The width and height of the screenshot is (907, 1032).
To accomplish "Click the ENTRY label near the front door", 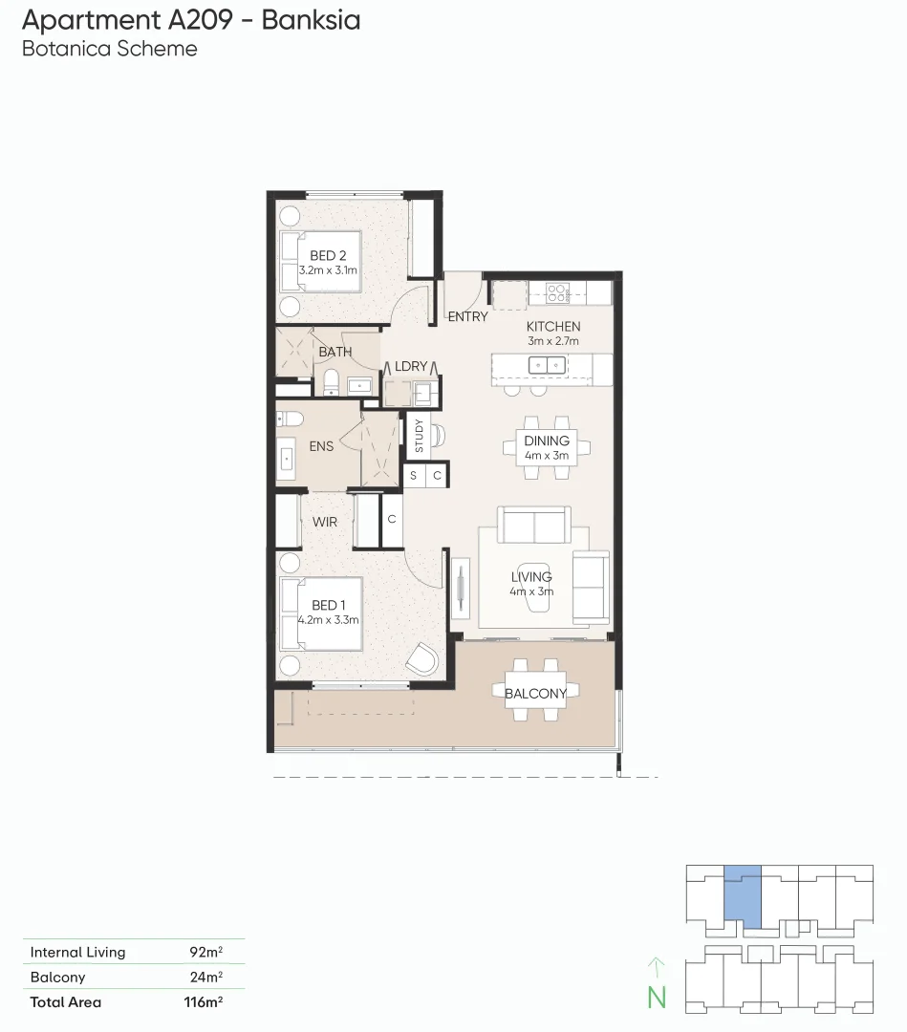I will (467, 316).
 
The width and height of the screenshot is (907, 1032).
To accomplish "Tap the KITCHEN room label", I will (553, 327).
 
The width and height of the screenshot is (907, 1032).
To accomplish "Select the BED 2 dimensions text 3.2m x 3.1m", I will (328, 270).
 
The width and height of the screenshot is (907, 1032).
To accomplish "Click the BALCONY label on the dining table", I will (535, 693).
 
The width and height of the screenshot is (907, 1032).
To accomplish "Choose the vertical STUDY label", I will (418, 436).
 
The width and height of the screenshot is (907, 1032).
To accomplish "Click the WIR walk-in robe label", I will (325, 522).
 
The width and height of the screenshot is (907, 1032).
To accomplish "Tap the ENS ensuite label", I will (321, 446).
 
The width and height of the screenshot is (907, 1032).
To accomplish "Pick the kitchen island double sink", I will (547, 364).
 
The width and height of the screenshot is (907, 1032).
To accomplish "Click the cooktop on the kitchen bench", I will (557, 290).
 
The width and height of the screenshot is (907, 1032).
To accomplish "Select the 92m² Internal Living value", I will (205, 952).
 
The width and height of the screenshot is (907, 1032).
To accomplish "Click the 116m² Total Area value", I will (204, 1002).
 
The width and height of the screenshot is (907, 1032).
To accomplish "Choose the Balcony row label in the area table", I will (57, 978).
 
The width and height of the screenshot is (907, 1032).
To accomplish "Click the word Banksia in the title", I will (311, 19).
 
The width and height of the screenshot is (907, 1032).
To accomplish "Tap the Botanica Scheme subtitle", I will (109, 49).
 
